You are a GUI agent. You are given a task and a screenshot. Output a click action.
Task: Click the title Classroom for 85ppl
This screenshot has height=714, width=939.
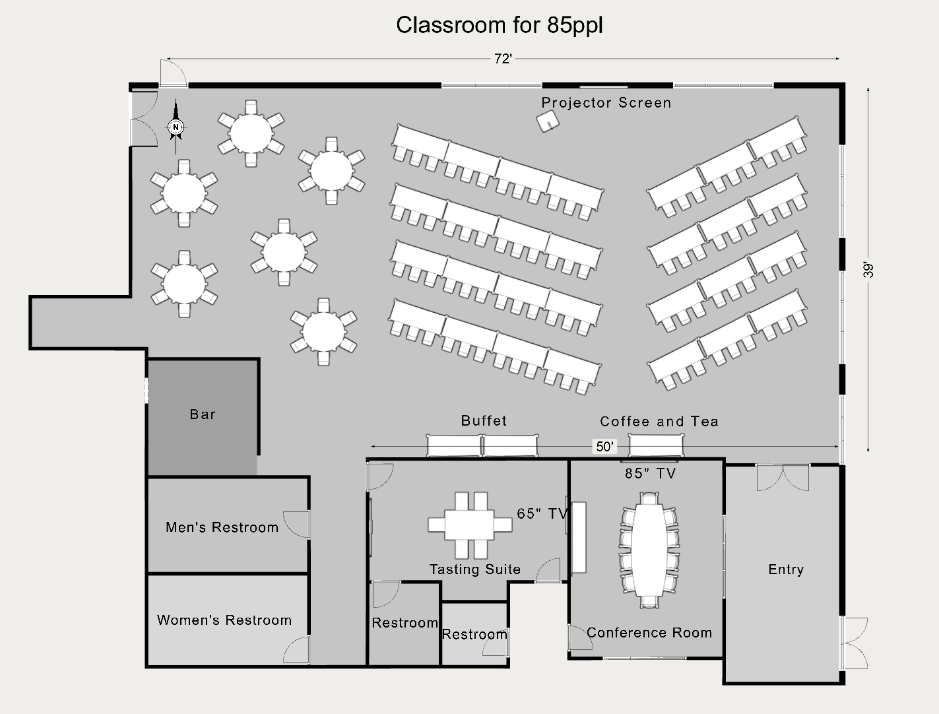[499, 25]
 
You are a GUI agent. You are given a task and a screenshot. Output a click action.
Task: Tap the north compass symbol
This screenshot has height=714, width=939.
[176, 127]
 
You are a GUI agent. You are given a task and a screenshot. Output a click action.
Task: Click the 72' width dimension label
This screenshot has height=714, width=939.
[503, 59]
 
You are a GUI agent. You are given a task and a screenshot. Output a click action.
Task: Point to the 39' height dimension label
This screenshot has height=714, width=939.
[869, 269]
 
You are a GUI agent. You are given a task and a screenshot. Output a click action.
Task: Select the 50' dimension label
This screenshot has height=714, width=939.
[604, 447]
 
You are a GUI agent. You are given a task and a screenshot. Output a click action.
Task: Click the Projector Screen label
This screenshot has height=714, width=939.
[606, 103]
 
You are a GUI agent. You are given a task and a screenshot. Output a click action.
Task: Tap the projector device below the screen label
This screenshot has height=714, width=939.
[547, 121]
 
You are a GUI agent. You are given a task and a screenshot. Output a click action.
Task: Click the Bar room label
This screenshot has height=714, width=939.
[203, 414]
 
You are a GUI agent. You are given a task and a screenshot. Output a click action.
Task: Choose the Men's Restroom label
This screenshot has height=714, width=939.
[222, 527]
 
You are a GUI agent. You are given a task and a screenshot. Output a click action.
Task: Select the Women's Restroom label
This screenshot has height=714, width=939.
[224, 620]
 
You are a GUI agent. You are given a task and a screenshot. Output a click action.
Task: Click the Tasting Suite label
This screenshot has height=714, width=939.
[475, 569]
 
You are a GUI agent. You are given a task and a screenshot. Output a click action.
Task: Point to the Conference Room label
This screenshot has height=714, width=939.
[649, 633]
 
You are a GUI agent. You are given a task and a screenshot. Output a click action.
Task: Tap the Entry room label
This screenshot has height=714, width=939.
[785, 569]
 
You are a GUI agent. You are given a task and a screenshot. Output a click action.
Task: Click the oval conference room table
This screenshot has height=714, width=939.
[649, 549]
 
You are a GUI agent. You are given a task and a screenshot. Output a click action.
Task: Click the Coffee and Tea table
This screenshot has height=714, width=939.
[655, 446]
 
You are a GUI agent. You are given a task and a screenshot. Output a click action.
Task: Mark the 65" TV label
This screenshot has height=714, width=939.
[542, 513]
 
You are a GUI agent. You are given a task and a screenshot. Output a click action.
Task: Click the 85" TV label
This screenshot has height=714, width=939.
[651, 473]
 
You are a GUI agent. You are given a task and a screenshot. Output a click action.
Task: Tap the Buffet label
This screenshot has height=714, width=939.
[484, 421]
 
